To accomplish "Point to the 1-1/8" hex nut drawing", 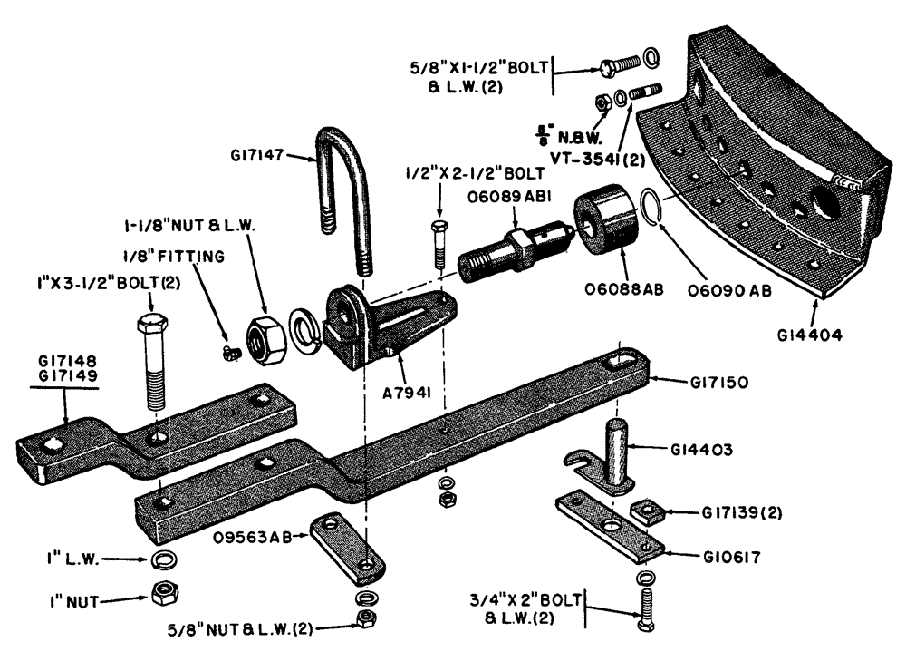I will coord(265,337).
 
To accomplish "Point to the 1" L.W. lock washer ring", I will coord(163,559).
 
